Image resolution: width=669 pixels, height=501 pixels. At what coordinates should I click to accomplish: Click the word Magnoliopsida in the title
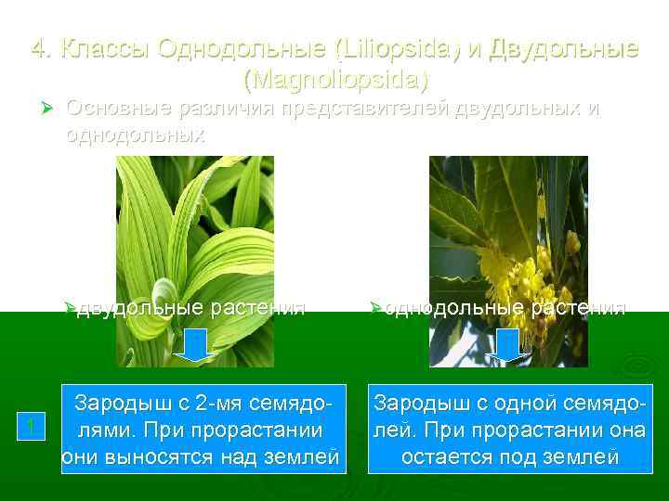click(x=335, y=80)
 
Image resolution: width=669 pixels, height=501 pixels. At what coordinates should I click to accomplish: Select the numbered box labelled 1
click(x=32, y=428)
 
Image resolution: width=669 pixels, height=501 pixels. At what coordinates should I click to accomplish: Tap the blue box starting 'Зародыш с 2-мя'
click(x=203, y=429)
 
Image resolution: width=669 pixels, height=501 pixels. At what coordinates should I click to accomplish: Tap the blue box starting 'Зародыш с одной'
click(x=507, y=429)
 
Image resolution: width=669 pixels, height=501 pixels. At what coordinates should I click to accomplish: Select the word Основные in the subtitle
click(x=118, y=109)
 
